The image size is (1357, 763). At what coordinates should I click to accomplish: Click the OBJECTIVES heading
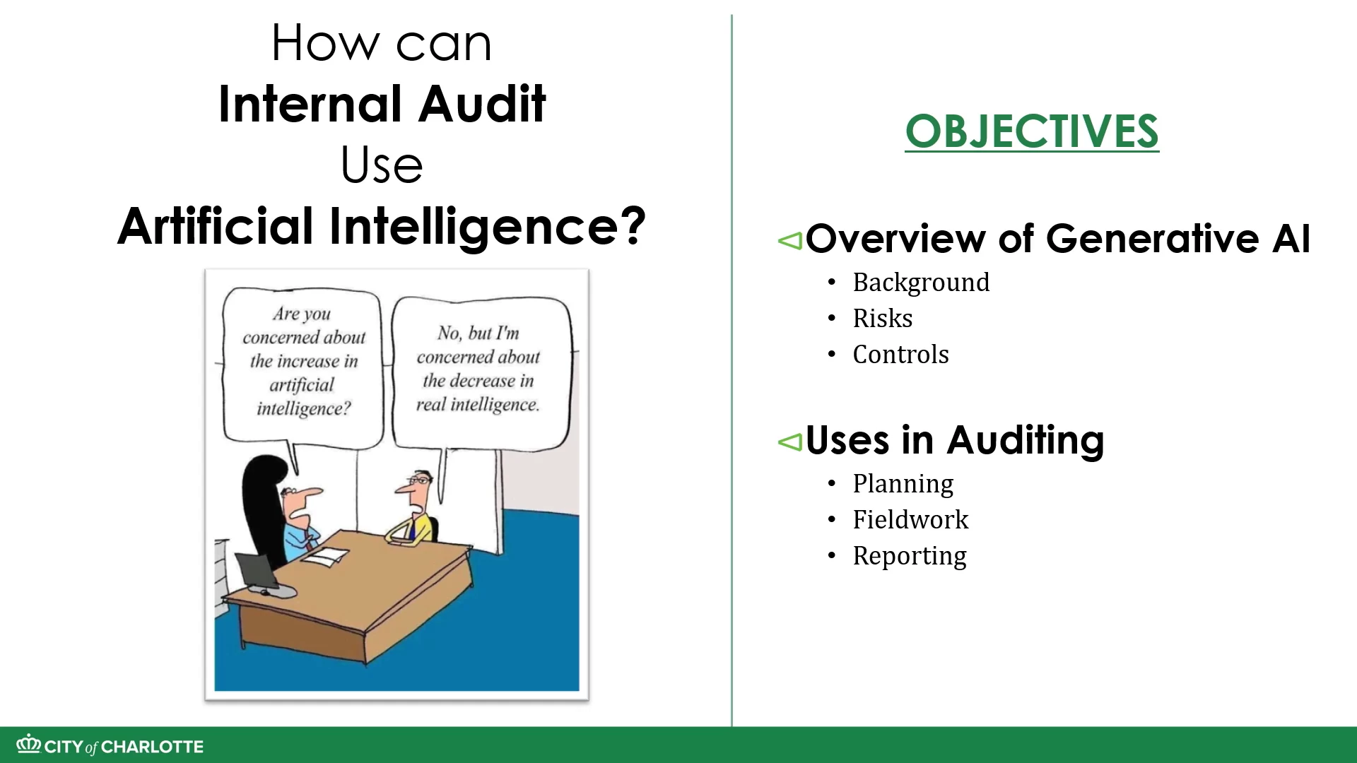1032,131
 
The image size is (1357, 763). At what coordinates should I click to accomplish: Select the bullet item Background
921,283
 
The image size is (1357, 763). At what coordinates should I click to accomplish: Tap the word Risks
883,319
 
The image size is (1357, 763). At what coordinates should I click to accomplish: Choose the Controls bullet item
900,355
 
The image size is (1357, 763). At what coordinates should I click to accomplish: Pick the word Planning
903,485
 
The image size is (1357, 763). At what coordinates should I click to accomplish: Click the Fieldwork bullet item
910,520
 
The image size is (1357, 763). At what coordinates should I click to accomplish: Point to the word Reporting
910,557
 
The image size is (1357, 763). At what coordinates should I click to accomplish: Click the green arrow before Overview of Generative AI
790,241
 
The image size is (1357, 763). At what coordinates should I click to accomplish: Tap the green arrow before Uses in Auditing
790,442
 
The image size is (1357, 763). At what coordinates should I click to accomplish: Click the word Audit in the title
482,104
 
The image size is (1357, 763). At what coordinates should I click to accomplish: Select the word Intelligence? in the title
488,227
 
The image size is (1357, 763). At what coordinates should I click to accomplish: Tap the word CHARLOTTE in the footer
152,747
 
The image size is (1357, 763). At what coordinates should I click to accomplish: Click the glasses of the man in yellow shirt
420,480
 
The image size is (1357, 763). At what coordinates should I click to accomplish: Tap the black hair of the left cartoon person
263,509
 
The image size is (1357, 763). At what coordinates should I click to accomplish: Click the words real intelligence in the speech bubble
477,405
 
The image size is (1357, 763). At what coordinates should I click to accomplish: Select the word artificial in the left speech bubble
301,385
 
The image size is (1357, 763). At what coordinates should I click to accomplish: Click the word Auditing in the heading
1026,441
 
